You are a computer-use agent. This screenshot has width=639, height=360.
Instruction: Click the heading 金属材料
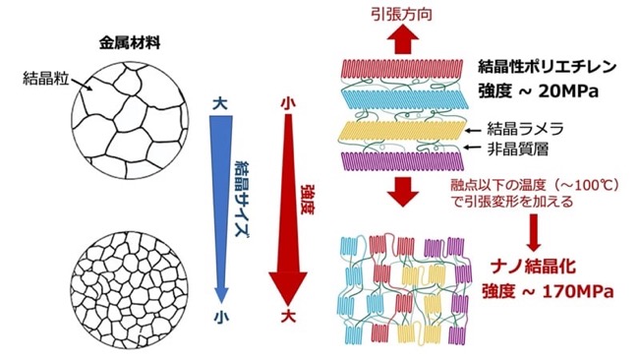130,43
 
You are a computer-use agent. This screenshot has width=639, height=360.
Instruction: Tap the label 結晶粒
45,78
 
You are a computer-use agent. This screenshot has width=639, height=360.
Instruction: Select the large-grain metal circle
130,121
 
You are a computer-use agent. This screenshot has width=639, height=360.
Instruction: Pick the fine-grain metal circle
130,290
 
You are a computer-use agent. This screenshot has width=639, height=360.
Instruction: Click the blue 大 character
220,104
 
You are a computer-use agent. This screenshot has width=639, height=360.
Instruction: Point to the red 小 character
288,103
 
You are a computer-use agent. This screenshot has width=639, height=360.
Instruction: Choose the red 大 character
288,316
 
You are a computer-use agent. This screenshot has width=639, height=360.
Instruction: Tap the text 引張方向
401,14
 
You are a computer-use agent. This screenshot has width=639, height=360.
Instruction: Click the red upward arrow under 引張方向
403,39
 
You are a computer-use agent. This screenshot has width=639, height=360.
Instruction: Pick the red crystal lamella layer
402,70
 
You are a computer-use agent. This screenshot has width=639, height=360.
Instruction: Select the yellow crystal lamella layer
401,132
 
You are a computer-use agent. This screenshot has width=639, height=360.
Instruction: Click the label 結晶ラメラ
525,129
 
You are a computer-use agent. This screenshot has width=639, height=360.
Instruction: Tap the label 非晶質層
517,149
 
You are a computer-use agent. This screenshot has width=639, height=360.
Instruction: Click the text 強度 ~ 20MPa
539,91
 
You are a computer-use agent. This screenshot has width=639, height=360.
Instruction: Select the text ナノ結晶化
533,267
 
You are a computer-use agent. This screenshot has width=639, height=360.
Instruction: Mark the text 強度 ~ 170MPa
549,292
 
